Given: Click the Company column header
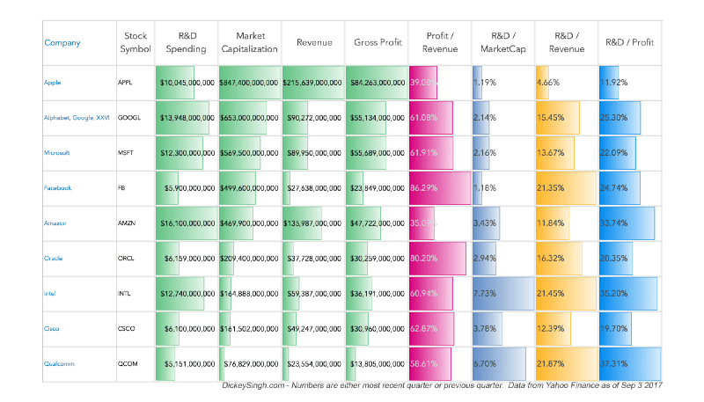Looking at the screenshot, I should coord(62,42).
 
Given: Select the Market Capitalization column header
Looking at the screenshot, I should coord(250,42).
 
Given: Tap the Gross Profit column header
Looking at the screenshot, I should coord(377,42).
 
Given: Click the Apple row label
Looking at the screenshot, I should coord(53,83).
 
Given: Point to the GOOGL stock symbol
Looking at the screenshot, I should coord(130,118).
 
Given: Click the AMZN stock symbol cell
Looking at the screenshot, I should coord(128,223).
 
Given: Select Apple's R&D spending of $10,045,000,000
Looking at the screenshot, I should coord(187,83).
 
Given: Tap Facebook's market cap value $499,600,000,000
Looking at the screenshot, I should coord(250,188).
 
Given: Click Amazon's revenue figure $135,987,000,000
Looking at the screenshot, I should coord(313,223).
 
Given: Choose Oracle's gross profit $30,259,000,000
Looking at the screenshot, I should coord(378,259).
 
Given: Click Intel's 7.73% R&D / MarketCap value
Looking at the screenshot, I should coord(487,294).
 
